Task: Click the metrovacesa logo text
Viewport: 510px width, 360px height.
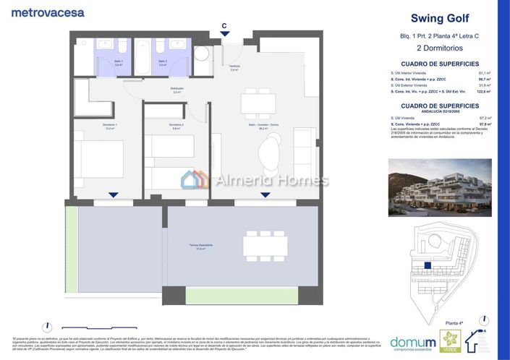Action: [x=48, y=12]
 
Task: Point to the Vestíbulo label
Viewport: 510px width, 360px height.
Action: [x=234, y=68]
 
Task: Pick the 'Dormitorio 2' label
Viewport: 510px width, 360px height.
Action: [x=176, y=126]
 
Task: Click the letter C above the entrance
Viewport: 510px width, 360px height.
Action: [x=224, y=25]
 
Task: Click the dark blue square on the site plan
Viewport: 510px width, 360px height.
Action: [x=428, y=266]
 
